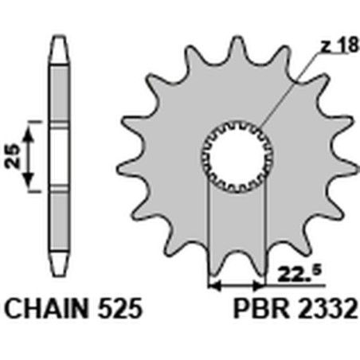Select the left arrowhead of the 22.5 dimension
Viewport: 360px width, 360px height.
pyautogui.click(x=213, y=283)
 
